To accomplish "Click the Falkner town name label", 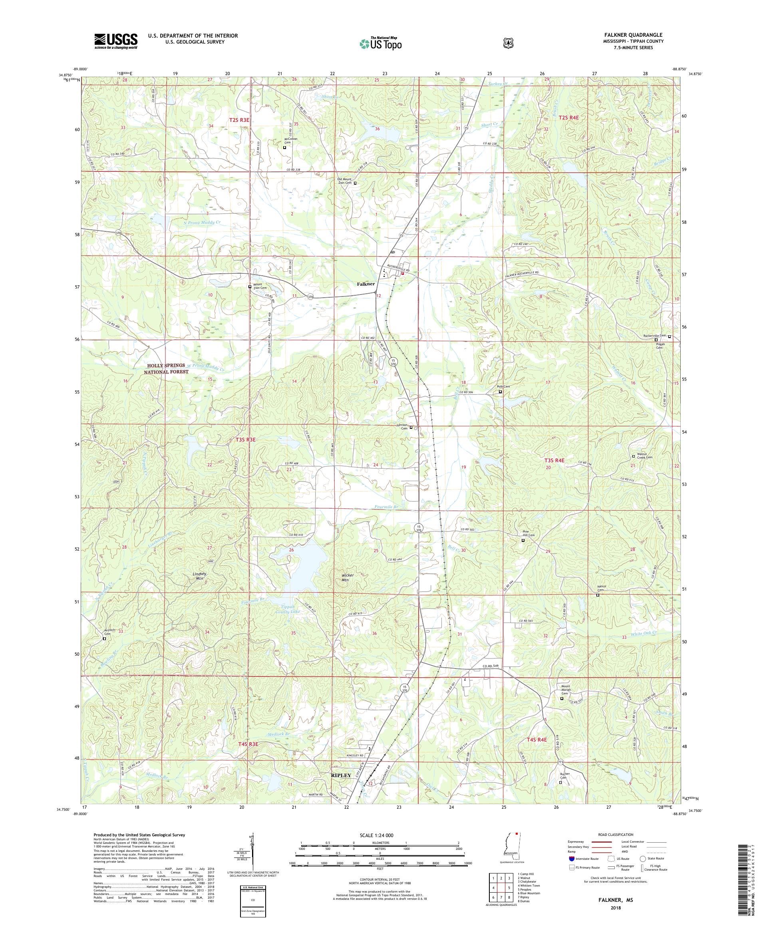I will point(366,284).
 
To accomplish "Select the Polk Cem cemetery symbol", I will point(500,392).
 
